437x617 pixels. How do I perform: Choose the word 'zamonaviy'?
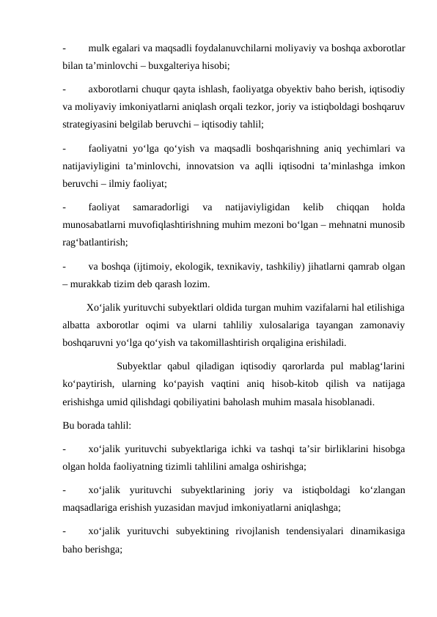385,325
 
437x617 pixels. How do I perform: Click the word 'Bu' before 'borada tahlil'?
70,425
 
